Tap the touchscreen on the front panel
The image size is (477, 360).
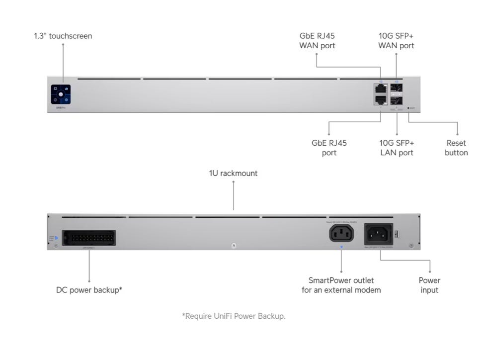click(61, 94)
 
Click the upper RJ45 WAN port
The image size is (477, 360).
click(381, 89)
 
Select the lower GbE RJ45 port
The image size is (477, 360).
click(381, 99)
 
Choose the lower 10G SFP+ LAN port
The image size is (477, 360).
click(397, 100)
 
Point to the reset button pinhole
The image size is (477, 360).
click(408, 107)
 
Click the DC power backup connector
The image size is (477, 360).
click(89, 237)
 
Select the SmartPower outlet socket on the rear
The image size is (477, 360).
click(341, 233)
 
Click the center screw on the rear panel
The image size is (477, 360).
click(234, 246)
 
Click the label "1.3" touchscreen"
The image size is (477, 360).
click(63, 36)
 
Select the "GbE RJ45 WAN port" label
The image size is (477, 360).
click(317, 41)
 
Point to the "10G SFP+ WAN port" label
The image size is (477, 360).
click(396, 41)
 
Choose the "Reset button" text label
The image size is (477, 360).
click(456, 148)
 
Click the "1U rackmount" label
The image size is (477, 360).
click(233, 173)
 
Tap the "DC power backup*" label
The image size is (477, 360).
click(89, 290)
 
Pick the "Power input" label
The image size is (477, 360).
click(429, 285)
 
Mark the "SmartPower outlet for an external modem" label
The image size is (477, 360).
click(341, 285)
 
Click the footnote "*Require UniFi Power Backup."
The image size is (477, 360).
click(234, 316)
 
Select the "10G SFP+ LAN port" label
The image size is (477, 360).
click(397, 148)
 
